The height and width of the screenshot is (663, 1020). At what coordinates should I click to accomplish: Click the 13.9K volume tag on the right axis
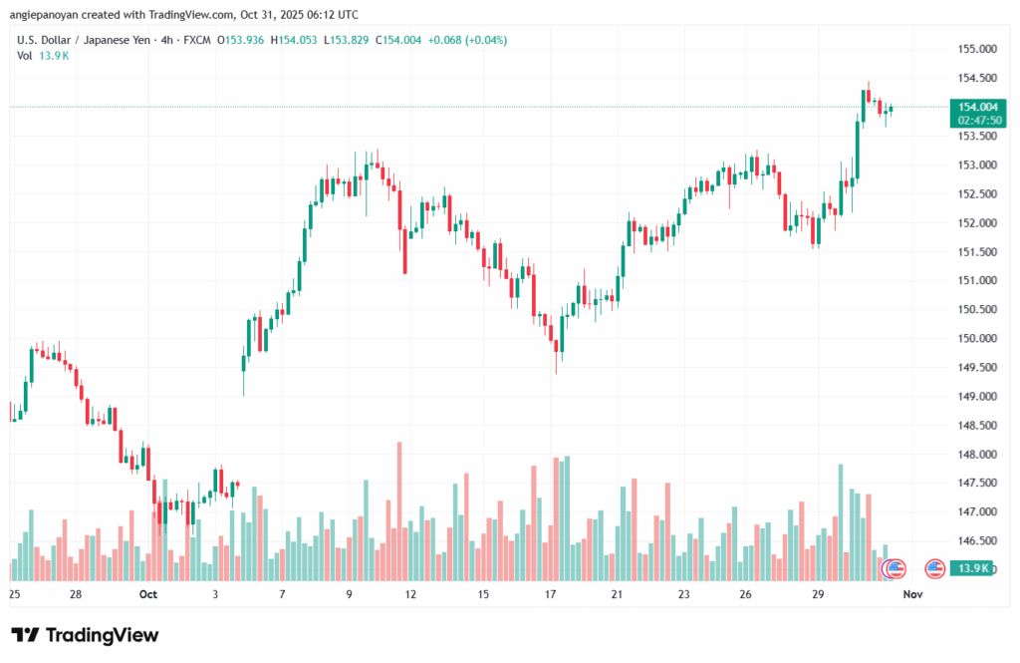[x=970, y=568]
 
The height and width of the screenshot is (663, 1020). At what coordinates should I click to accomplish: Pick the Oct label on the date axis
[x=148, y=594]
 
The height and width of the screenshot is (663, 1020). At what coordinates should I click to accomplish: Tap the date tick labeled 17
[x=550, y=594]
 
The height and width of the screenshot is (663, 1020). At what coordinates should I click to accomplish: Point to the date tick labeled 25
[x=14, y=594]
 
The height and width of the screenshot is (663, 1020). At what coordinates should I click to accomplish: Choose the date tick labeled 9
[x=350, y=594]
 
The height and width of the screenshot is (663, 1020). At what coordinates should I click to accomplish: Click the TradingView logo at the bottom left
[x=85, y=635]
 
